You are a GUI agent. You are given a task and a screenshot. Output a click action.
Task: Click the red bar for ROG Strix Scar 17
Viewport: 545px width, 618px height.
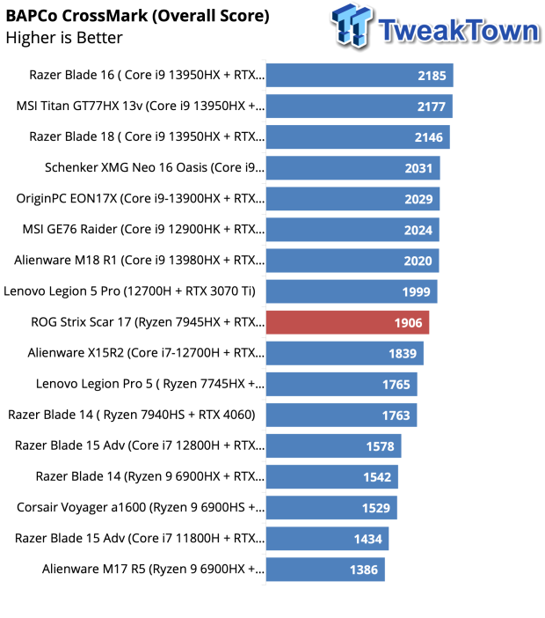click(x=347, y=322)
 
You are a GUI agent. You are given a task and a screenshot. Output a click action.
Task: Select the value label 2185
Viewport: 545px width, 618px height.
click(x=432, y=76)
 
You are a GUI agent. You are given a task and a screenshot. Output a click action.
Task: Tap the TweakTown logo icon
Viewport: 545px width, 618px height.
click(x=352, y=26)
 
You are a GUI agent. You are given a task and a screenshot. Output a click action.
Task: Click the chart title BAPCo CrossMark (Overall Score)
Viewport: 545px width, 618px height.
click(x=138, y=16)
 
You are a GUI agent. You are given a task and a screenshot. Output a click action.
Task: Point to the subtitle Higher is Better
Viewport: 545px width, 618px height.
click(x=64, y=38)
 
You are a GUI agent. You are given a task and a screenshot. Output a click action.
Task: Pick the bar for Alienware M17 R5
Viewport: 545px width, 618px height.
click(x=325, y=570)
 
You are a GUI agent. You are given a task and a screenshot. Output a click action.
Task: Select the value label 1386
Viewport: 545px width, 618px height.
click(x=364, y=570)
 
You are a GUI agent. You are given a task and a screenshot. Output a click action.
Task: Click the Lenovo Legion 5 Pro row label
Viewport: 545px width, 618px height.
click(x=129, y=291)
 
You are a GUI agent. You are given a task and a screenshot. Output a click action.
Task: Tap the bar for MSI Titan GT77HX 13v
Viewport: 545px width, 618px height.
click(x=360, y=107)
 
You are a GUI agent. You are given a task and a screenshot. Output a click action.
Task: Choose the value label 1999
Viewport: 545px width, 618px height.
click(x=416, y=292)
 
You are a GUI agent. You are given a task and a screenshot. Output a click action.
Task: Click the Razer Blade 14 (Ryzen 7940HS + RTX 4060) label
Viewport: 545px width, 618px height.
click(x=132, y=415)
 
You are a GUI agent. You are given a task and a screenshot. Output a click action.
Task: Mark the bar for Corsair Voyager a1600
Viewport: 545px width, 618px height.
click(x=331, y=508)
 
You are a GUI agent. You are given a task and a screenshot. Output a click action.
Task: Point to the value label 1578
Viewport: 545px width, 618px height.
click(x=380, y=446)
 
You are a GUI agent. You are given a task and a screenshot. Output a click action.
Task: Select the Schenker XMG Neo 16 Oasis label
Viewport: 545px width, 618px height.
click(x=155, y=167)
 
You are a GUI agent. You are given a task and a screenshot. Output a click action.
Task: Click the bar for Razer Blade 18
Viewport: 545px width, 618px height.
click(x=358, y=137)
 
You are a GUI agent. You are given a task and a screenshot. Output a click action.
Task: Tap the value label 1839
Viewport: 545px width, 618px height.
click(x=403, y=354)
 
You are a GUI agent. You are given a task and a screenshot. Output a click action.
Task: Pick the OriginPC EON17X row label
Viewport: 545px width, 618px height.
click(x=141, y=198)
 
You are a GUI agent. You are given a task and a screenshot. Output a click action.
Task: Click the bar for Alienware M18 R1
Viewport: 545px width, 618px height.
click(x=352, y=261)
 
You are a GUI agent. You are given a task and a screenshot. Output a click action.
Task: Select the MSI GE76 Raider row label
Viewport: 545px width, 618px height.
click(x=143, y=230)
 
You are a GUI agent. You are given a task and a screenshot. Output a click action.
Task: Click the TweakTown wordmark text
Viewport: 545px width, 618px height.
click(x=459, y=30)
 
